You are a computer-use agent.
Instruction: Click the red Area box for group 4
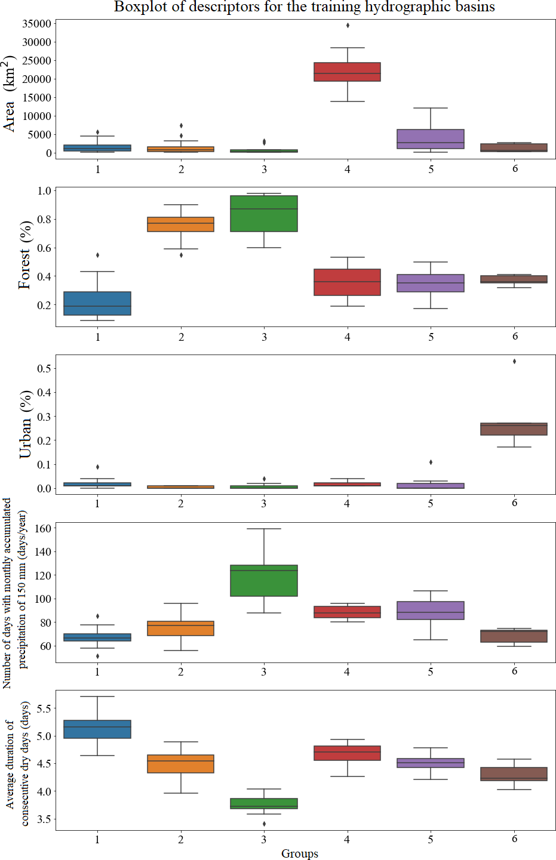(x=347, y=72)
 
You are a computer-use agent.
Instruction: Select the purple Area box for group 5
(x=431, y=138)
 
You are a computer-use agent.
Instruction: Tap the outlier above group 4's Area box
(x=348, y=26)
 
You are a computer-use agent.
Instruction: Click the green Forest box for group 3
(x=264, y=213)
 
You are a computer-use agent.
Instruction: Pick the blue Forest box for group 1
(x=97, y=303)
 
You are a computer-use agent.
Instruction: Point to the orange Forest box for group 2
(x=181, y=224)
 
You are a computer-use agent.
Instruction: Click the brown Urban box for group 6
(x=514, y=429)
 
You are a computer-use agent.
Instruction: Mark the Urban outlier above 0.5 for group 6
(x=514, y=362)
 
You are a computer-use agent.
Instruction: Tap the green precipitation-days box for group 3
(x=264, y=581)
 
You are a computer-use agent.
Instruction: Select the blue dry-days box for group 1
(x=97, y=729)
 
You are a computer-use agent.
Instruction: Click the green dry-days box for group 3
(x=264, y=803)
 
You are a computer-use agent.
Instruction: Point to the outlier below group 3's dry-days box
(x=264, y=824)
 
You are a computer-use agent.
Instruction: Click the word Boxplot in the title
(x=138, y=7)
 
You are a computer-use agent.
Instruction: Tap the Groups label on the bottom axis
(x=300, y=853)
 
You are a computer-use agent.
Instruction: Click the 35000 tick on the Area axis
(x=37, y=24)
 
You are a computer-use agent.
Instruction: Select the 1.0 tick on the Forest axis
(x=45, y=191)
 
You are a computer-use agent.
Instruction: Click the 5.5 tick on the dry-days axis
(x=44, y=708)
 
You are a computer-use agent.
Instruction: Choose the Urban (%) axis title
(x=26, y=424)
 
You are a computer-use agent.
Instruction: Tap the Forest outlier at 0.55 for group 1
(x=97, y=255)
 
